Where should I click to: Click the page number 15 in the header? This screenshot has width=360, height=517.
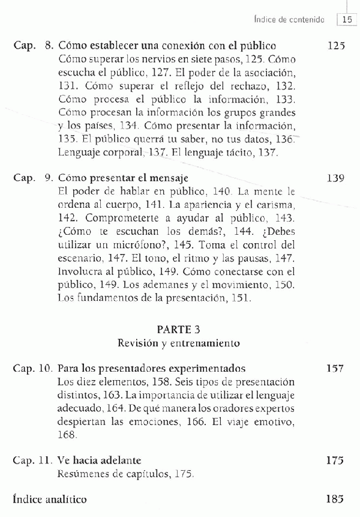pyautogui.click(x=346, y=20)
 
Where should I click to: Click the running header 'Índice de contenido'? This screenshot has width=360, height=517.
pyautogui.click(x=290, y=20)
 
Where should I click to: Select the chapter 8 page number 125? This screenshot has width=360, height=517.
pyautogui.click(x=336, y=46)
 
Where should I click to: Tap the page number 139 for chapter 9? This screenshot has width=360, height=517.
pyautogui.click(x=336, y=178)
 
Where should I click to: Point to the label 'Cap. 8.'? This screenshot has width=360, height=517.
pyautogui.click(x=34, y=46)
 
